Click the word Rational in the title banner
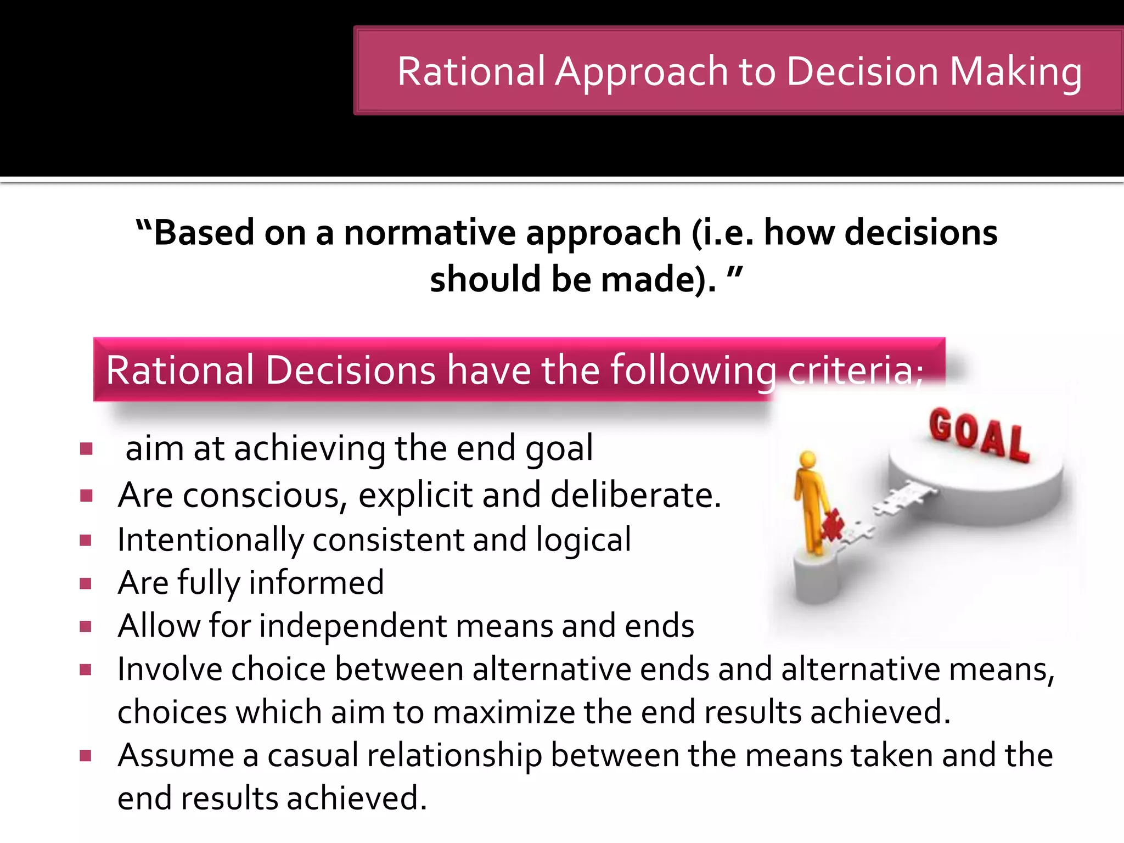click(x=471, y=71)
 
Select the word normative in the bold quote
click(x=429, y=232)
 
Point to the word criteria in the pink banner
click(x=854, y=370)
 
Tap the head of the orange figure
click(x=807, y=460)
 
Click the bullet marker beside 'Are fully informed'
click(x=86, y=583)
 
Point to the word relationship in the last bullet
click(x=454, y=755)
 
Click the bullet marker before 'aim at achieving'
click(x=86, y=449)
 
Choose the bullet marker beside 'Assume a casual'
click(x=86, y=756)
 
